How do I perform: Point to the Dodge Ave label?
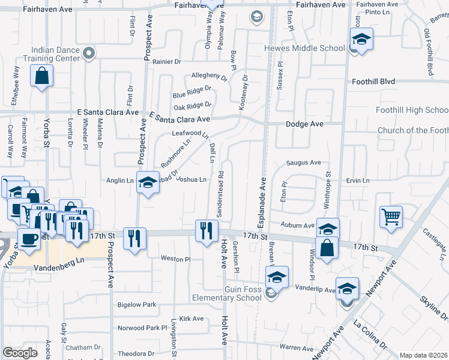[304, 124]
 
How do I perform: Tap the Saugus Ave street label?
[303, 163]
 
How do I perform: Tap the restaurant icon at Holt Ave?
[206, 230]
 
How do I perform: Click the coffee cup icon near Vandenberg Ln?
[29, 239]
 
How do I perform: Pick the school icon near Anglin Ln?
[147, 182]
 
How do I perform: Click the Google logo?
[20, 353]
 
